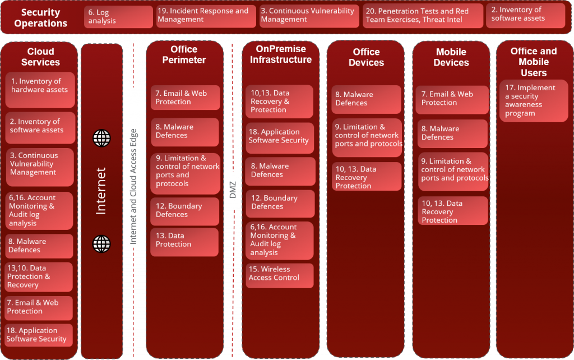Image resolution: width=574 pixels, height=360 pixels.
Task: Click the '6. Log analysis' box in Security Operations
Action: click(118, 16)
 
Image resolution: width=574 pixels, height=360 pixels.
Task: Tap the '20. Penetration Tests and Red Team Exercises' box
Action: click(422, 16)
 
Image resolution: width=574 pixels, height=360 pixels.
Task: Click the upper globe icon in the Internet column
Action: click(101, 138)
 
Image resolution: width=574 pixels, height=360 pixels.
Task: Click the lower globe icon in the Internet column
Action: click(101, 243)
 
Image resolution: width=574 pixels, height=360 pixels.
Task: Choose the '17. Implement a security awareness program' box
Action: click(533, 101)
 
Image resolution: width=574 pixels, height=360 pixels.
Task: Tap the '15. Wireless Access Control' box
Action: click(280, 275)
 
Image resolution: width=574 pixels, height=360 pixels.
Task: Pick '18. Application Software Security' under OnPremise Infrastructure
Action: click(280, 137)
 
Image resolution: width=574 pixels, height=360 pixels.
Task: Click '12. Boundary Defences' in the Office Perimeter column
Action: click(184, 211)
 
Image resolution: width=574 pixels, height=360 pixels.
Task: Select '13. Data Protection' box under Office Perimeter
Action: click(184, 242)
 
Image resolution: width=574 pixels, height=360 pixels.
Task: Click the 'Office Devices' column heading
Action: click(366, 57)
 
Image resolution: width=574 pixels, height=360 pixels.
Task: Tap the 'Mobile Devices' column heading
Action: click(451, 57)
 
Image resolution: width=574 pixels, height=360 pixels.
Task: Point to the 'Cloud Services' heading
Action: click(40, 57)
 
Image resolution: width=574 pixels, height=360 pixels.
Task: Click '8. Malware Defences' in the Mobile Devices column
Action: click(452, 133)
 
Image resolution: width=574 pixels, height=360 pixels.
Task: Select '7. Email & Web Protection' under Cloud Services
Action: click(39, 307)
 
